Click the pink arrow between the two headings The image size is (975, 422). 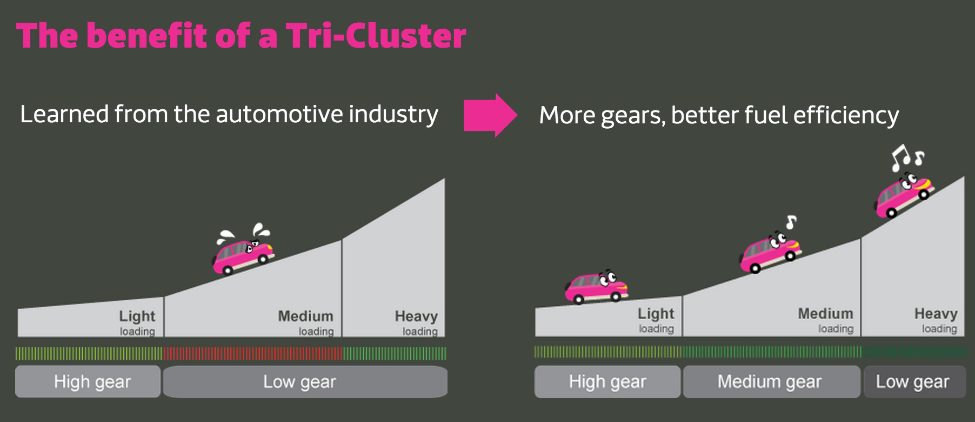(x=490, y=115)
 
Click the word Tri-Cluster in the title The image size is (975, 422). (x=376, y=36)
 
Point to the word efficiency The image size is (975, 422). (x=846, y=115)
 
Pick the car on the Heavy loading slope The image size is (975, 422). (x=904, y=195)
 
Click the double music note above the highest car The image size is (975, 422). (x=907, y=157)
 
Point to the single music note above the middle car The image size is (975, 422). (x=791, y=222)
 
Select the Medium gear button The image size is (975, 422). (x=771, y=382)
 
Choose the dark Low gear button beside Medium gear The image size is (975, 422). (x=914, y=382)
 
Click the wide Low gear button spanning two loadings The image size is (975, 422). (x=305, y=382)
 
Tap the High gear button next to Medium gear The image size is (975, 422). (x=607, y=382)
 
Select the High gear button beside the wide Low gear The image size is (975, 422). (x=88, y=382)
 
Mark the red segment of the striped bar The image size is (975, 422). (x=252, y=354)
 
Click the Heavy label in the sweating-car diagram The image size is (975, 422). (x=416, y=316)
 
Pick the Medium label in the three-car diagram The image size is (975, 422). (x=825, y=313)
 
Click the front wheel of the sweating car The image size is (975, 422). (x=263, y=259)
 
